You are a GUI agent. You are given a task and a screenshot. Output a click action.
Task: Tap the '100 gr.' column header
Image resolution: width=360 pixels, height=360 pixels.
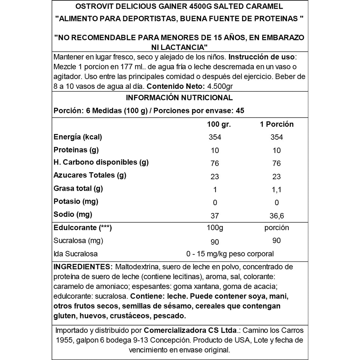click(x=219, y=124)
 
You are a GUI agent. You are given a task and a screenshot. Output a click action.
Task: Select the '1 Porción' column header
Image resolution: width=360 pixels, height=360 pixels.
click(x=277, y=124)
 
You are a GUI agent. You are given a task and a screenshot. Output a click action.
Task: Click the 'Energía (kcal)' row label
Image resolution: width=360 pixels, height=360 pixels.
click(x=78, y=137)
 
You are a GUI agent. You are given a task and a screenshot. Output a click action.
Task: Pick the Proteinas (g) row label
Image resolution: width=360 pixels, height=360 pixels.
click(x=76, y=150)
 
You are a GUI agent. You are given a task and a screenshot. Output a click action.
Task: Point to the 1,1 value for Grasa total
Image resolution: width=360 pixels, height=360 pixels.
click(x=277, y=190)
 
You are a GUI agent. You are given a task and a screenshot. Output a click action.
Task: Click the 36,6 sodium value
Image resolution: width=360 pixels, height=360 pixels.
click(x=277, y=216)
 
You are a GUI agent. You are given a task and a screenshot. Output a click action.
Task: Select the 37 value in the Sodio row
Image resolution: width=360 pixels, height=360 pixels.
click(x=215, y=216)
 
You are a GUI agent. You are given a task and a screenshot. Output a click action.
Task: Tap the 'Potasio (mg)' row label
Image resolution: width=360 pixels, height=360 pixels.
click(x=76, y=202)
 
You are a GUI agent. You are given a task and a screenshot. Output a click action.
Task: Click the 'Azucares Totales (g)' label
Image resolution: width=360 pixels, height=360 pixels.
click(x=90, y=175)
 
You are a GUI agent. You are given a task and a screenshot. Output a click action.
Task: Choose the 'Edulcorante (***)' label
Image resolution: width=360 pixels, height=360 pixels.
click(x=83, y=228)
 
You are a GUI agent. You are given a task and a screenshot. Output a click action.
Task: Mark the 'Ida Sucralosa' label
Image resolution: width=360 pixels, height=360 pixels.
click(x=76, y=254)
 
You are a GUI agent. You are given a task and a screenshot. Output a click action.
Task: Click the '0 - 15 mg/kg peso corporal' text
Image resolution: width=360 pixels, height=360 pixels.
click(x=230, y=254)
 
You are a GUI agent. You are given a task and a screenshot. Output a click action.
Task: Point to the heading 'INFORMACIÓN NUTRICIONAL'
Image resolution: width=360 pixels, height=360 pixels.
click(x=179, y=98)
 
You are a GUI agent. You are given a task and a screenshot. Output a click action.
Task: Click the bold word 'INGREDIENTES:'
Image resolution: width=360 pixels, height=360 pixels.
click(x=83, y=267)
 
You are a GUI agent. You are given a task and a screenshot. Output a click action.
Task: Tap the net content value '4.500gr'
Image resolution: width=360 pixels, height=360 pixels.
click(x=220, y=86)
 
